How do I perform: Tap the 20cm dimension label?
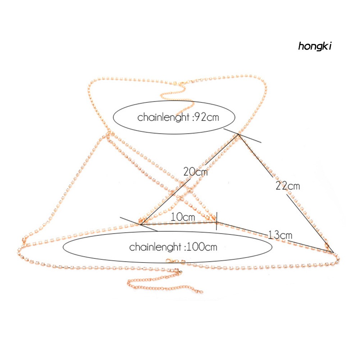[195, 171]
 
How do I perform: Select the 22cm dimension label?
[288, 186]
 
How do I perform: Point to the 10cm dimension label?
[183, 217]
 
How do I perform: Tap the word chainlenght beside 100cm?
[155, 247]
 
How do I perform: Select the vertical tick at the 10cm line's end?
[216, 225]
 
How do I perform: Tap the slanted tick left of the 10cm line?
[138, 224]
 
